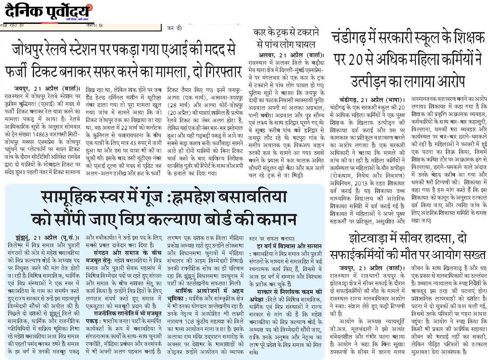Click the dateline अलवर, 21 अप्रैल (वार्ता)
point(291,55)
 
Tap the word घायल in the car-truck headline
point(304,44)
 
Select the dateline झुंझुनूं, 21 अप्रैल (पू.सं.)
point(47,237)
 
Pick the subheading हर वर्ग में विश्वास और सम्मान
point(289,246)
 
